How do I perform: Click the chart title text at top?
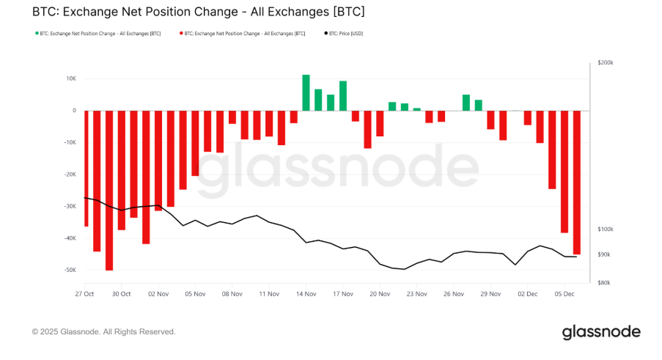(x=198, y=12)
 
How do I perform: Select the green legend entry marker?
(x=37, y=34)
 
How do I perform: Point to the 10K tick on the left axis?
(x=70, y=78)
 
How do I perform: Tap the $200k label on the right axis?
(x=606, y=64)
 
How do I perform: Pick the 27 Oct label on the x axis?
(x=84, y=293)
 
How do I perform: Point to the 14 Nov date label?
(x=306, y=293)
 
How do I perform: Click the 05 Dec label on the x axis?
(x=564, y=293)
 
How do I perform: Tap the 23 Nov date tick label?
(x=416, y=293)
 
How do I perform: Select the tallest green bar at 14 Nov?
(x=306, y=92)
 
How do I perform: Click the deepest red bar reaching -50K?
(x=109, y=191)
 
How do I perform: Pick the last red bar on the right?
(x=576, y=183)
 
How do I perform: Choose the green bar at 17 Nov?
(x=343, y=95)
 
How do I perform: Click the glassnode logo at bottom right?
(x=601, y=332)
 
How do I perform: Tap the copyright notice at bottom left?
(x=104, y=332)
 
